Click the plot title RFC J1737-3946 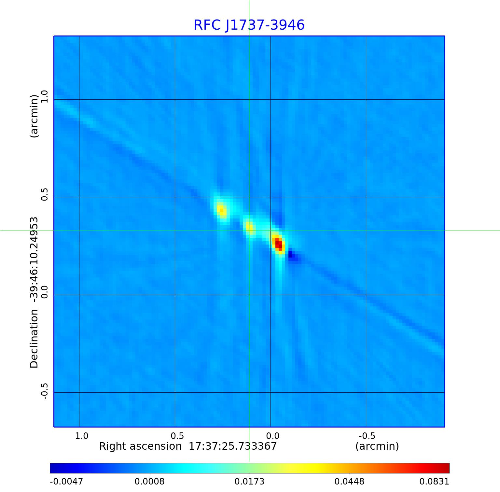249,25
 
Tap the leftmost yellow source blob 222,210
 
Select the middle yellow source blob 249,227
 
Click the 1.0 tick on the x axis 81,436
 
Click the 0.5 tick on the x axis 177,436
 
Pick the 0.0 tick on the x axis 272,436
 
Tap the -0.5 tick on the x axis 367,436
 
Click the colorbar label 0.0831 434,482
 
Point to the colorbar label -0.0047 66,482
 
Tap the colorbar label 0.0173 250,482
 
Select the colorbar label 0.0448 350,482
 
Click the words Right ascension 140,446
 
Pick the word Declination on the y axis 34,339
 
